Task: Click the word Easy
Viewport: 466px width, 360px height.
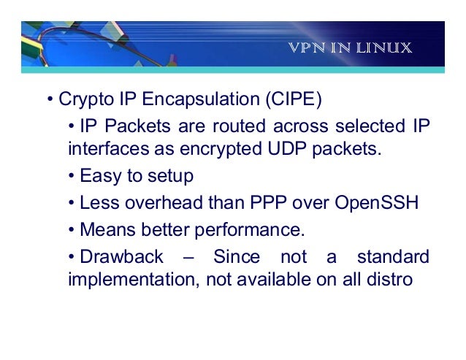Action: click(96, 176)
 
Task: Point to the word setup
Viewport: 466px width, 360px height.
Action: click(167, 176)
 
